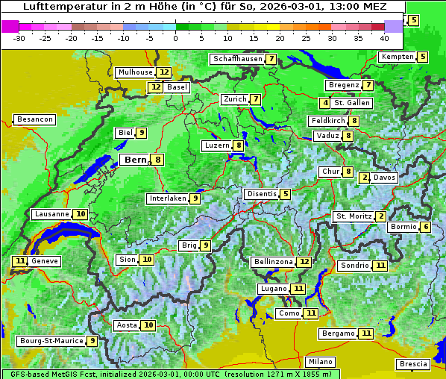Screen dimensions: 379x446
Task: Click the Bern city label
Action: pyautogui.click(x=135, y=160)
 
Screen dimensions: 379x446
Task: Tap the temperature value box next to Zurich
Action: pyautogui.click(x=256, y=99)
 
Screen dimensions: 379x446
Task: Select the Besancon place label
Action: pyautogui.click(x=34, y=119)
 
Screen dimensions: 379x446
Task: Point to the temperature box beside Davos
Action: pyautogui.click(x=365, y=178)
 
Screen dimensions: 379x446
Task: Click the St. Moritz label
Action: pyautogui.click(x=354, y=216)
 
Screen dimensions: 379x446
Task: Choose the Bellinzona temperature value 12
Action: pyautogui.click(x=304, y=262)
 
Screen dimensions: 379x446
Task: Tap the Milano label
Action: pyautogui.click(x=321, y=361)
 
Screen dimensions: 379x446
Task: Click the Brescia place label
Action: pyautogui.click(x=413, y=364)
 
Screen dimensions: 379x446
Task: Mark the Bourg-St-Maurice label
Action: pyautogui.click(x=50, y=341)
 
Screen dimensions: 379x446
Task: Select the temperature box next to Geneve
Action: pyautogui.click(x=19, y=261)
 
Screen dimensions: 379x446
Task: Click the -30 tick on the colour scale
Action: pyautogui.click(x=20, y=37)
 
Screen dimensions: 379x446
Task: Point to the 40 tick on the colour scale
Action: pyautogui.click(x=384, y=37)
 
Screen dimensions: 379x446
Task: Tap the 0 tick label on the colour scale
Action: pyautogui.click(x=175, y=37)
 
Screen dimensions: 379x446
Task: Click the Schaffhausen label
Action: pyautogui.click(x=237, y=59)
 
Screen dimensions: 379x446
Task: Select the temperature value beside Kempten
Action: pyautogui.click(x=423, y=57)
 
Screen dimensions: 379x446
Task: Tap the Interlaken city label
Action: pyautogui.click(x=167, y=198)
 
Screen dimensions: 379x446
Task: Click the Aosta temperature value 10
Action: pyautogui.click(x=149, y=325)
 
